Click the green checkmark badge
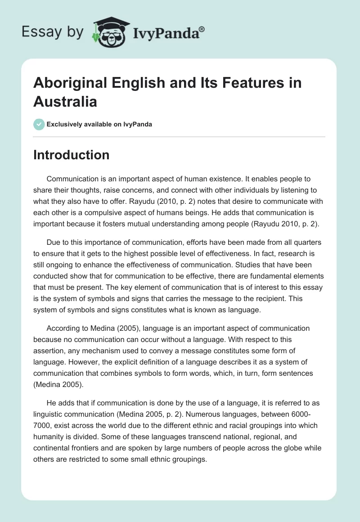(39, 124)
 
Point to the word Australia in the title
(65, 101)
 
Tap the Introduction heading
(72, 155)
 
